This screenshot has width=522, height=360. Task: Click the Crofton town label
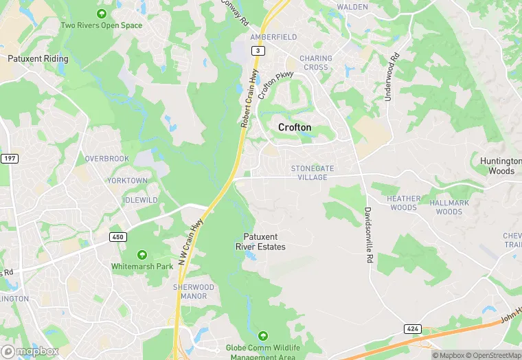pyautogui.click(x=295, y=127)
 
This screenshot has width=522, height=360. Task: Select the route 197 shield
pyautogui.click(x=10, y=159)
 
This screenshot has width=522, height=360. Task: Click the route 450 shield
pyautogui.click(x=118, y=237)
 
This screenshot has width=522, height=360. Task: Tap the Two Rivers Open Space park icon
pyautogui.click(x=102, y=14)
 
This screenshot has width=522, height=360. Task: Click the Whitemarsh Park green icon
pyautogui.click(x=142, y=255)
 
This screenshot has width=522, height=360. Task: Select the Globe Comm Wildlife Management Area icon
pyautogui.click(x=262, y=336)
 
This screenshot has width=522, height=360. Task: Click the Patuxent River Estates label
pyautogui.click(x=260, y=242)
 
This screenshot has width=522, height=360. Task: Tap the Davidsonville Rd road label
pyautogui.click(x=368, y=236)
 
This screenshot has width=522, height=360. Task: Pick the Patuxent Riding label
pyautogui.click(x=38, y=59)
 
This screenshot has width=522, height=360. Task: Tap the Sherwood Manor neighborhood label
pyautogui.click(x=194, y=292)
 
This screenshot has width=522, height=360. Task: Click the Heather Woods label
pyautogui.click(x=403, y=203)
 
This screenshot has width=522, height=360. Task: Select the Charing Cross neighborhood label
pyautogui.click(x=316, y=63)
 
